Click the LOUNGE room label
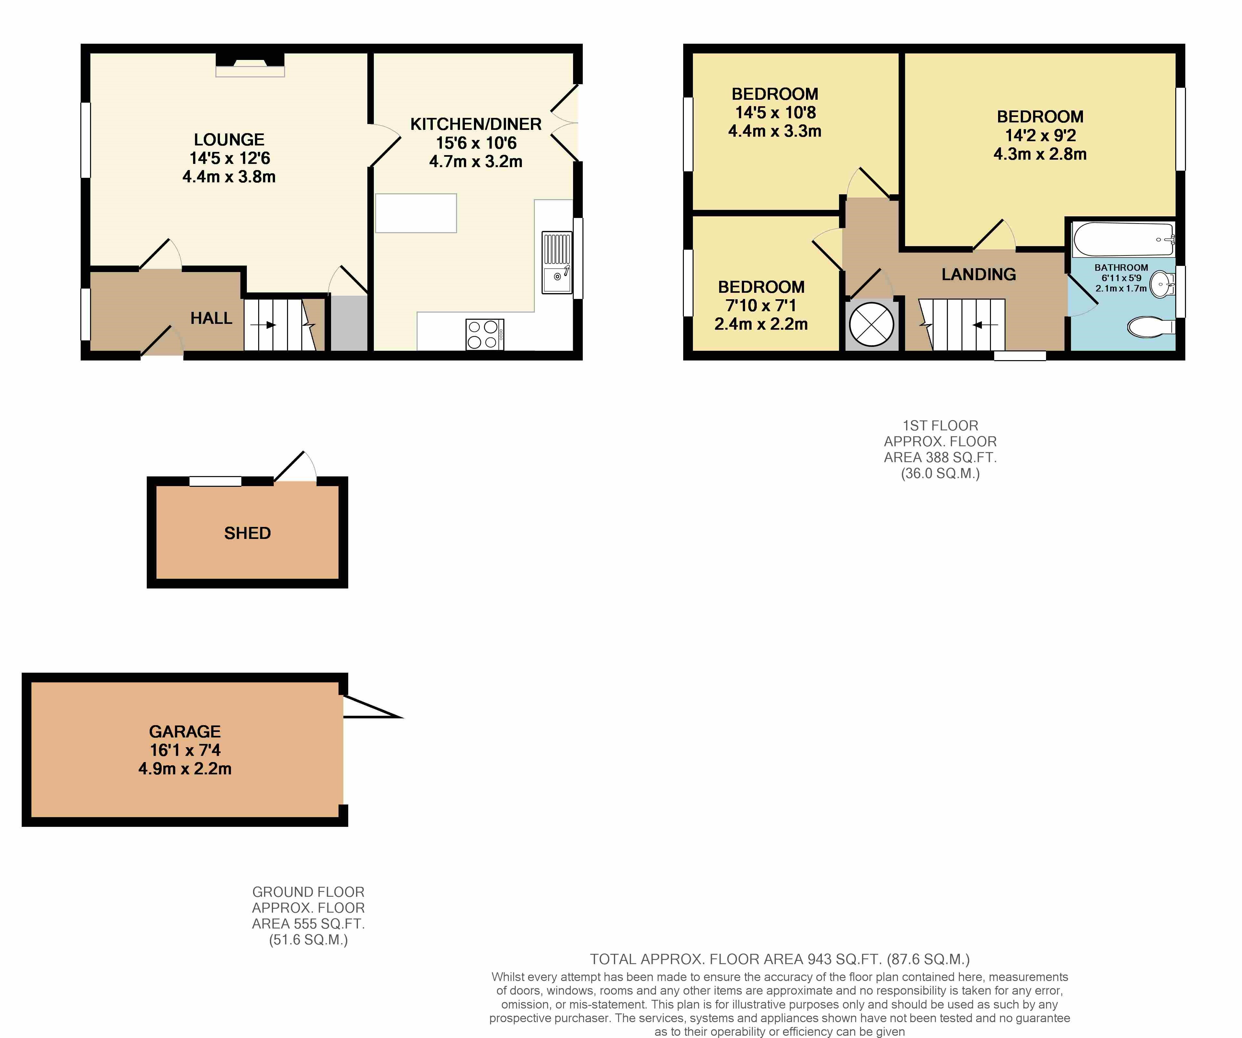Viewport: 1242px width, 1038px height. point(229,140)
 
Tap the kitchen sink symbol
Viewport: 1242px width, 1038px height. point(557,263)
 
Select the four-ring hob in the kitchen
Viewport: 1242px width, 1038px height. point(484,334)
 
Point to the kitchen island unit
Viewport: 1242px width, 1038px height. point(416,213)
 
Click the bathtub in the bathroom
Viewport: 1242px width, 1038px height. point(1122,239)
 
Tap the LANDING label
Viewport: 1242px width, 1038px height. point(978,274)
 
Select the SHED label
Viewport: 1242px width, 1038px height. point(247,533)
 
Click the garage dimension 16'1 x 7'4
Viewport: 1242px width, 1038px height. point(185,750)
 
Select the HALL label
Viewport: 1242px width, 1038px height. point(211,318)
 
